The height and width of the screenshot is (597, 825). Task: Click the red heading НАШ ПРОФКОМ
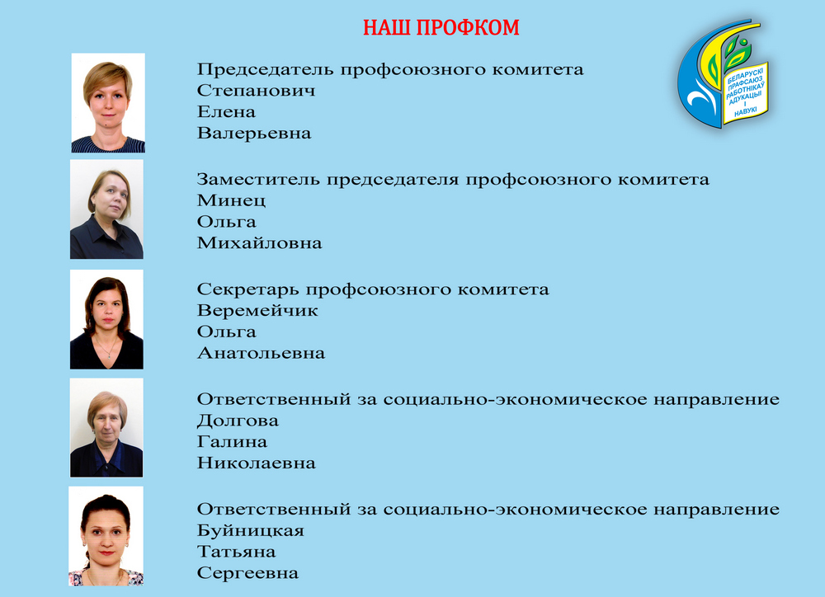click(x=441, y=28)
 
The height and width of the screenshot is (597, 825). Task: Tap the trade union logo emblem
click(x=723, y=73)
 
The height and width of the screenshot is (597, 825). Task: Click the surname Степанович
click(x=257, y=91)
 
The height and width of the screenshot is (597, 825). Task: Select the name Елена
click(x=226, y=111)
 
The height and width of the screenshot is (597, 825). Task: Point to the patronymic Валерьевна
click(x=254, y=133)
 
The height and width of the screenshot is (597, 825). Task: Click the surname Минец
click(x=232, y=201)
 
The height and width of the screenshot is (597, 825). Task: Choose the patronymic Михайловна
click(x=259, y=243)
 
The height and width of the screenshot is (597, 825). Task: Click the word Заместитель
click(x=258, y=180)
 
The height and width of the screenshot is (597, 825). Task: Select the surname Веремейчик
click(x=257, y=310)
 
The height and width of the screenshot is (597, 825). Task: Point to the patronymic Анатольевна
click(x=261, y=353)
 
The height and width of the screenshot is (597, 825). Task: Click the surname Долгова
click(x=238, y=421)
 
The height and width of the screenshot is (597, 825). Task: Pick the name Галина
click(x=232, y=442)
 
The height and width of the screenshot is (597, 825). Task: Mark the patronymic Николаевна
click(x=257, y=463)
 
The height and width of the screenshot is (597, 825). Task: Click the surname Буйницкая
click(x=251, y=530)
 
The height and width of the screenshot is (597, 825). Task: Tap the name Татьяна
click(x=236, y=552)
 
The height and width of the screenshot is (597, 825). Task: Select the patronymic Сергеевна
click(x=247, y=573)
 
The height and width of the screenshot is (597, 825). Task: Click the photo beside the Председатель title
click(x=108, y=103)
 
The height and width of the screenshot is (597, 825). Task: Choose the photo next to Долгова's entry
click(x=106, y=428)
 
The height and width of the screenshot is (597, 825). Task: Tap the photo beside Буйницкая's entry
click(x=106, y=536)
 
